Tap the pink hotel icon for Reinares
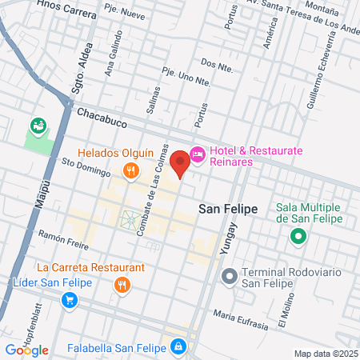tap(198, 155)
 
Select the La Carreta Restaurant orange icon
tap(122, 284)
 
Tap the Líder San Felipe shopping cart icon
tap(70, 300)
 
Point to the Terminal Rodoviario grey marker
tap(229, 277)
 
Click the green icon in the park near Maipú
tap(37, 126)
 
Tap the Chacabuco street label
tap(103, 115)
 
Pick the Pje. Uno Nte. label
tap(186, 79)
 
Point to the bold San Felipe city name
tap(228, 208)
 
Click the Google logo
tap(26, 350)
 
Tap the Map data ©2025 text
tap(324, 354)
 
